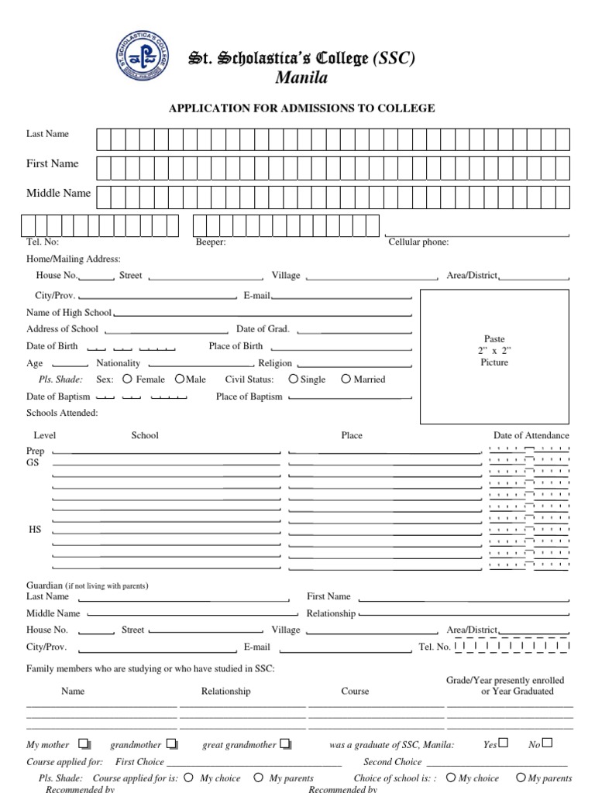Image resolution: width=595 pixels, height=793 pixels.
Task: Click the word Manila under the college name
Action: coord(301,77)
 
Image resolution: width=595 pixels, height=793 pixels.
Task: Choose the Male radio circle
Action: coord(180,379)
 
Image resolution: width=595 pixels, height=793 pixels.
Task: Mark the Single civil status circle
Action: coord(293,379)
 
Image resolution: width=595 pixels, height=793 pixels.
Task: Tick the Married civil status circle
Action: coord(347,379)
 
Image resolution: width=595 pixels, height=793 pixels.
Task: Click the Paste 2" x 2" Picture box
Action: coord(494,356)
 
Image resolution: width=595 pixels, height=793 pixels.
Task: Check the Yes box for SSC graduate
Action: coord(504,743)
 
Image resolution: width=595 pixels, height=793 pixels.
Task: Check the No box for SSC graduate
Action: coord(548,743)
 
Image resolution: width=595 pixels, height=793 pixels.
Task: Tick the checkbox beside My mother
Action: coord(84,744)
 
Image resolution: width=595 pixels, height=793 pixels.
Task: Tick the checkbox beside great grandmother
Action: coord(286,744)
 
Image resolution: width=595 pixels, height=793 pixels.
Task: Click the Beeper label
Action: coord(211,242)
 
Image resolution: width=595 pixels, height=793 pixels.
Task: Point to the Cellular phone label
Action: coord(418,242)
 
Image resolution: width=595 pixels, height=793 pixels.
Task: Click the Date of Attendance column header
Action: coord(531,435)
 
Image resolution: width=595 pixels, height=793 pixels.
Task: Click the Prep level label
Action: coord(36,450)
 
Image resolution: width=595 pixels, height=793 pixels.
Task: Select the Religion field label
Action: coord(275,363)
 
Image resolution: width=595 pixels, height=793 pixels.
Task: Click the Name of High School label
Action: coord(69,313)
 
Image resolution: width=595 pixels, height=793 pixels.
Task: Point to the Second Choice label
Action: coord(393,762)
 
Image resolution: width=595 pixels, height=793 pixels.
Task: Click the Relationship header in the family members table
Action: coord(225,691)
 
